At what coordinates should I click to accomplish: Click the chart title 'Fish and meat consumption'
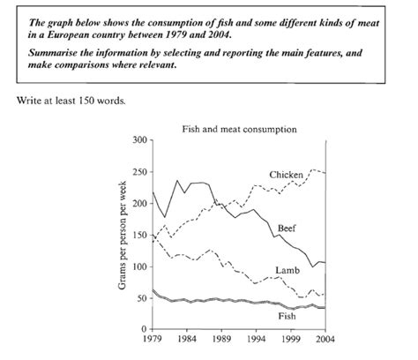[239, 130]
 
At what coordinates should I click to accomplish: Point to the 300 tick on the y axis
[141, 140]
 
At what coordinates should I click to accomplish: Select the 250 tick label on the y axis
[141, 172]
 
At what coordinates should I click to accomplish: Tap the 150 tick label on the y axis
[141, 236]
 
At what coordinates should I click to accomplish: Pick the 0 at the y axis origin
[145, 329]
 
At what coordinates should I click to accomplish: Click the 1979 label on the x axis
[153, 339]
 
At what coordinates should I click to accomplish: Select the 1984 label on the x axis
[187, 339]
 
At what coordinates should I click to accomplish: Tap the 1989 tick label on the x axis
[221, 339]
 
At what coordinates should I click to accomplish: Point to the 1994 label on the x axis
[256, 339]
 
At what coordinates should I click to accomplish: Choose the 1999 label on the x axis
[290, 339]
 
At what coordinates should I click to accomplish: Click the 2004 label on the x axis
[325, 339]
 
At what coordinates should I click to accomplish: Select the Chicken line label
[286, 175]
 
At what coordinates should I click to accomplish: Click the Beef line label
[287, 229]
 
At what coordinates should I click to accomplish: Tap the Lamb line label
[287, 270]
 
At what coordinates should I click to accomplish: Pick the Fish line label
[287, 316]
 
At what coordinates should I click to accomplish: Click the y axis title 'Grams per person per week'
[122, 235]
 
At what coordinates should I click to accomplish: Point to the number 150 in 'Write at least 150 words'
[86, 101]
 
